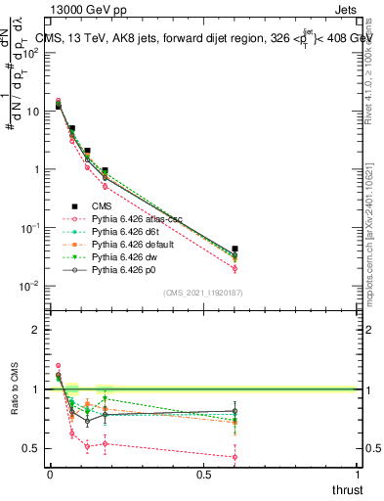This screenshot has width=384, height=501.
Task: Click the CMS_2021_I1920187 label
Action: [x=202, y=293]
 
